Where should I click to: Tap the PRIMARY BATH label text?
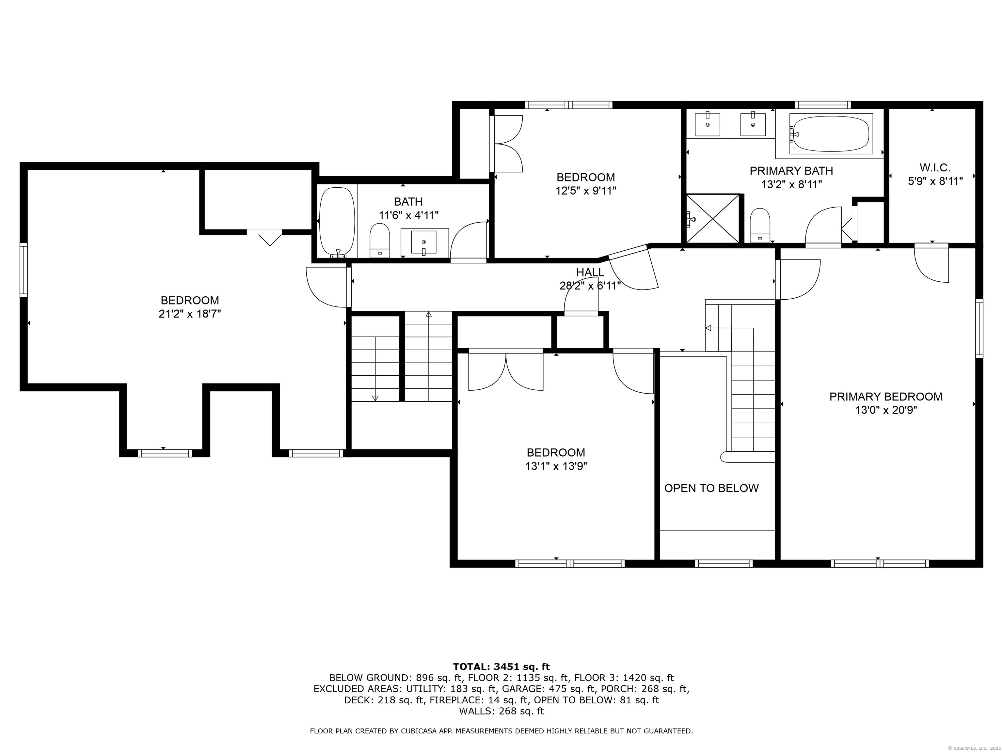click(x=791, y=171)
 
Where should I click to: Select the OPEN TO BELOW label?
click(x=711, y=488)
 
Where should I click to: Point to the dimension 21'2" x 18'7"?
click(x=190, y=314)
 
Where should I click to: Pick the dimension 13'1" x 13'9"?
click(x=556, y=466)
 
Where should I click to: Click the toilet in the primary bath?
click(x=760, y=225)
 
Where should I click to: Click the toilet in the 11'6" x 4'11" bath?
click(x=380, y=240)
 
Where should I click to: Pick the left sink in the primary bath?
click(x=708, y=125)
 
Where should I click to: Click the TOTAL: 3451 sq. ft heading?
click(x=501, y=667)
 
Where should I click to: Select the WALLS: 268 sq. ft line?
click(x=501, y=711)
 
